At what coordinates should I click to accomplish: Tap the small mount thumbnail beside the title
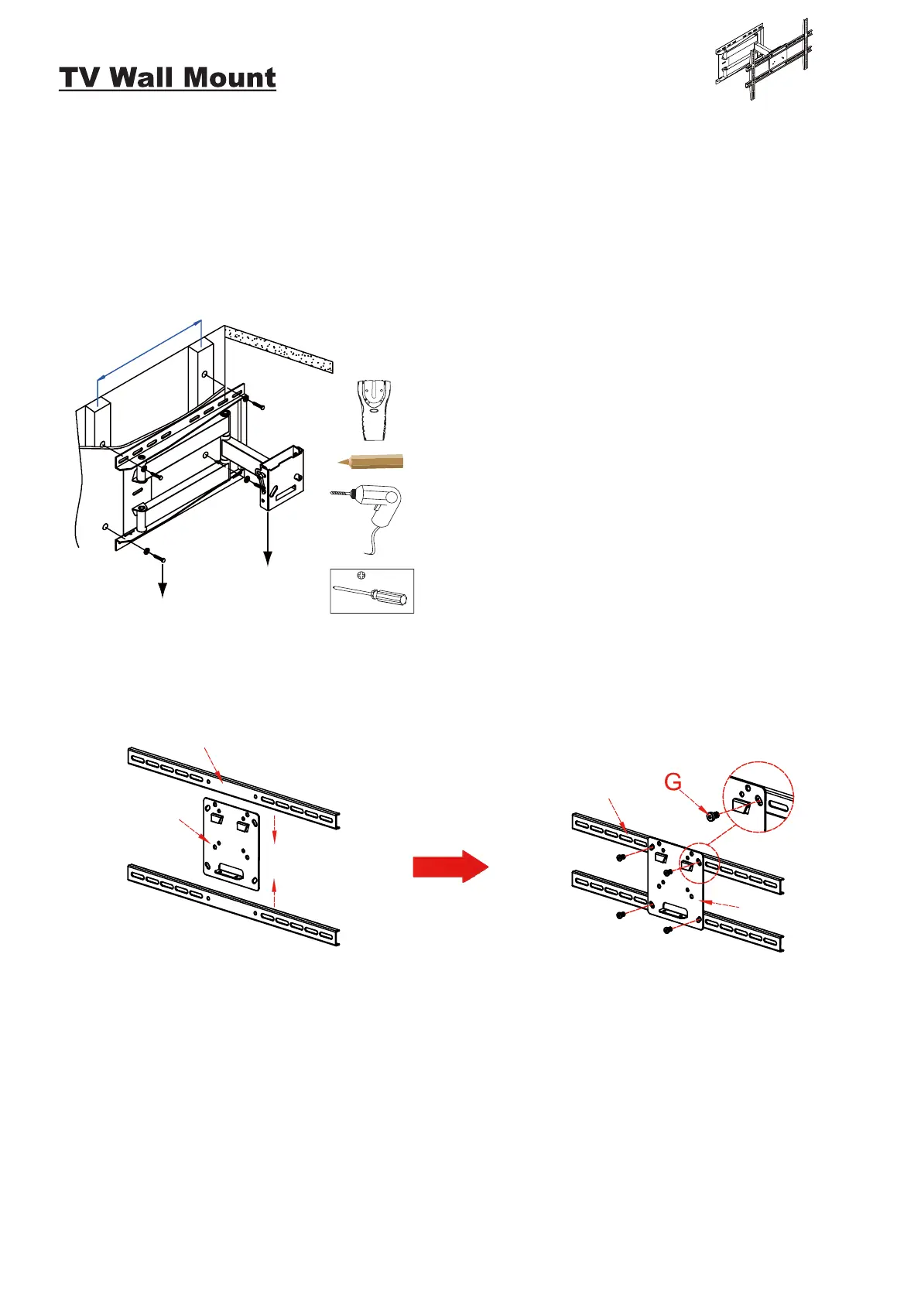763,60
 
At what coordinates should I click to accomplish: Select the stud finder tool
374,409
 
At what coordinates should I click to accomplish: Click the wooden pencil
371,462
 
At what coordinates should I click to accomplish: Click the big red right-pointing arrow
450,866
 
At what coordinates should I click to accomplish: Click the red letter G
673,783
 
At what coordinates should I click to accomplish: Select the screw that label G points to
713,814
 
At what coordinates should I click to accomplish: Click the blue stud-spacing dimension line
149,349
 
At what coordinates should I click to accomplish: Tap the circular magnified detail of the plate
758,797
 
